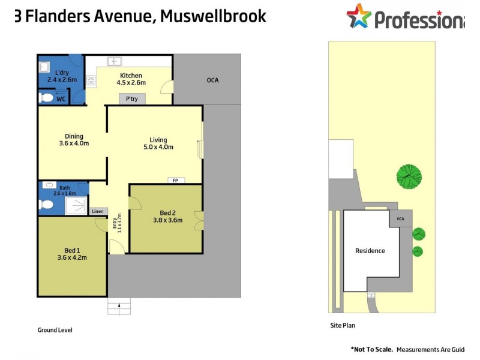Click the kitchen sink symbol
[115, 61]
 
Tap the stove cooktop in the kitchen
[91, 80]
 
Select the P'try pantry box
[132, 98]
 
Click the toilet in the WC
[47, 98]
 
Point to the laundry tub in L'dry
[44, 67]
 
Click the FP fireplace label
[175, 181]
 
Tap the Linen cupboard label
[98, 211]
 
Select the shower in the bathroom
[76, 205]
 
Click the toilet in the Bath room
[47, 204]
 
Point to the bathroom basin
[49, 185]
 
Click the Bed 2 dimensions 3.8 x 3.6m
[168, 220]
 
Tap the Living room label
[158, 140]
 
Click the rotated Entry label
[115, 223]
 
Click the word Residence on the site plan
[370, 251]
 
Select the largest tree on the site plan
[409, 176]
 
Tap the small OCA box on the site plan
[400, 218]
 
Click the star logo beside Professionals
[359, 16]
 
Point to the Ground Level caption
[55, 330]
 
